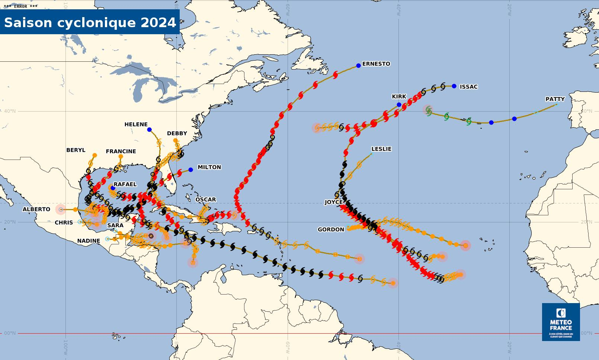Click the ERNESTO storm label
point(376,64)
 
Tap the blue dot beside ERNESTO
point(358,65)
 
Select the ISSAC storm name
point(468,87)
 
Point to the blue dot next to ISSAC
point(454,86)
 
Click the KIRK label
point(399,97)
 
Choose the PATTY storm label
point(555,99)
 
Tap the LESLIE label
point(381,149)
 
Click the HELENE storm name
point(136,125)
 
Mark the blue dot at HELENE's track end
point(149,129)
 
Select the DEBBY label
point(177,134)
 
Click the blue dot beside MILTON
point(190,170)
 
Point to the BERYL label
point(76,150)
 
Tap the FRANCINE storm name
point(121,151)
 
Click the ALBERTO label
point(36,209)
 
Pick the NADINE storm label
point(89,241)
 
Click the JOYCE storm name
point(333,202)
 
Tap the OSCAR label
point(205,200)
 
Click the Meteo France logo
point(561,322)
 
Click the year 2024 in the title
point(158,23)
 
